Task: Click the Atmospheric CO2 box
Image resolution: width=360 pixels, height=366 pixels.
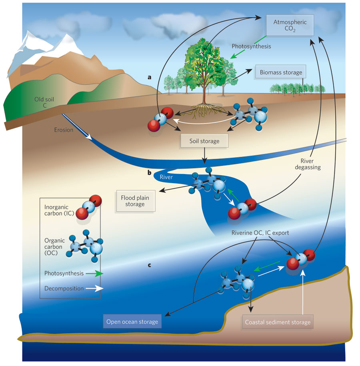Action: [x=290, y=26]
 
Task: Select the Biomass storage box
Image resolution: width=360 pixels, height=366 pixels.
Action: [x=280, y=73]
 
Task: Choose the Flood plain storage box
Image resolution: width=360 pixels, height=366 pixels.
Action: [x=133, y=201]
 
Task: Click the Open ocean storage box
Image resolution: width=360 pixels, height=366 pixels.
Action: [x=132, y=322]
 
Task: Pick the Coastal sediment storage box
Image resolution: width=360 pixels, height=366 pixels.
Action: [x=277, y=322]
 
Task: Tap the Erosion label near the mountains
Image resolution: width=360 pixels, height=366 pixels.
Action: [x=64, y=130]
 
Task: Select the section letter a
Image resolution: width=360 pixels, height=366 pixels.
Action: [x=149, y=77]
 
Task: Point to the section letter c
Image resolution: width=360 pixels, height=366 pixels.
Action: [x=149, y=264]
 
